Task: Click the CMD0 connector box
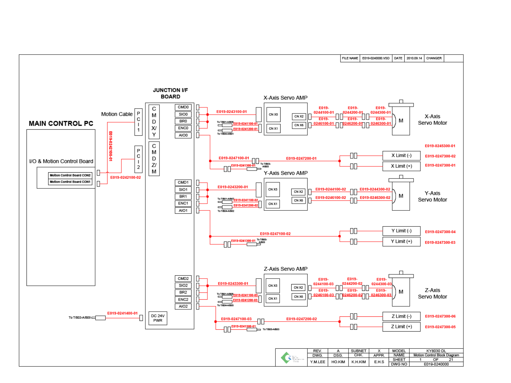[183, 107]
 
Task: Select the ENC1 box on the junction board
[183, 204]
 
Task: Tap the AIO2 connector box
[183, 306]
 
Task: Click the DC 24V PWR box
[158, 318]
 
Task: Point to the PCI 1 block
[139, 122]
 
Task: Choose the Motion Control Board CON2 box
[70, 176]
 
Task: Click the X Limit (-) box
[401, 156]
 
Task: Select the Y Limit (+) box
[401, 242]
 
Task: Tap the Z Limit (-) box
[401, 316]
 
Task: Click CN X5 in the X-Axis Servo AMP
[273, 115]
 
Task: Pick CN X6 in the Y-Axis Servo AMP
[298, 201]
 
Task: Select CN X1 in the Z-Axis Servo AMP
[272, 299]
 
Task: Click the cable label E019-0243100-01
[231, 112]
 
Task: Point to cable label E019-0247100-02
[275, 234]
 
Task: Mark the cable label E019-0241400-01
[122, 313]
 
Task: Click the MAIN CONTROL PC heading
[61, 123]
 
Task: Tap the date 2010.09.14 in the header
[414, 59]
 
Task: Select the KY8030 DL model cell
[436, 351]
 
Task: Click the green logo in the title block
[286, 358]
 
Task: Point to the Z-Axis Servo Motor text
[432, 293]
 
